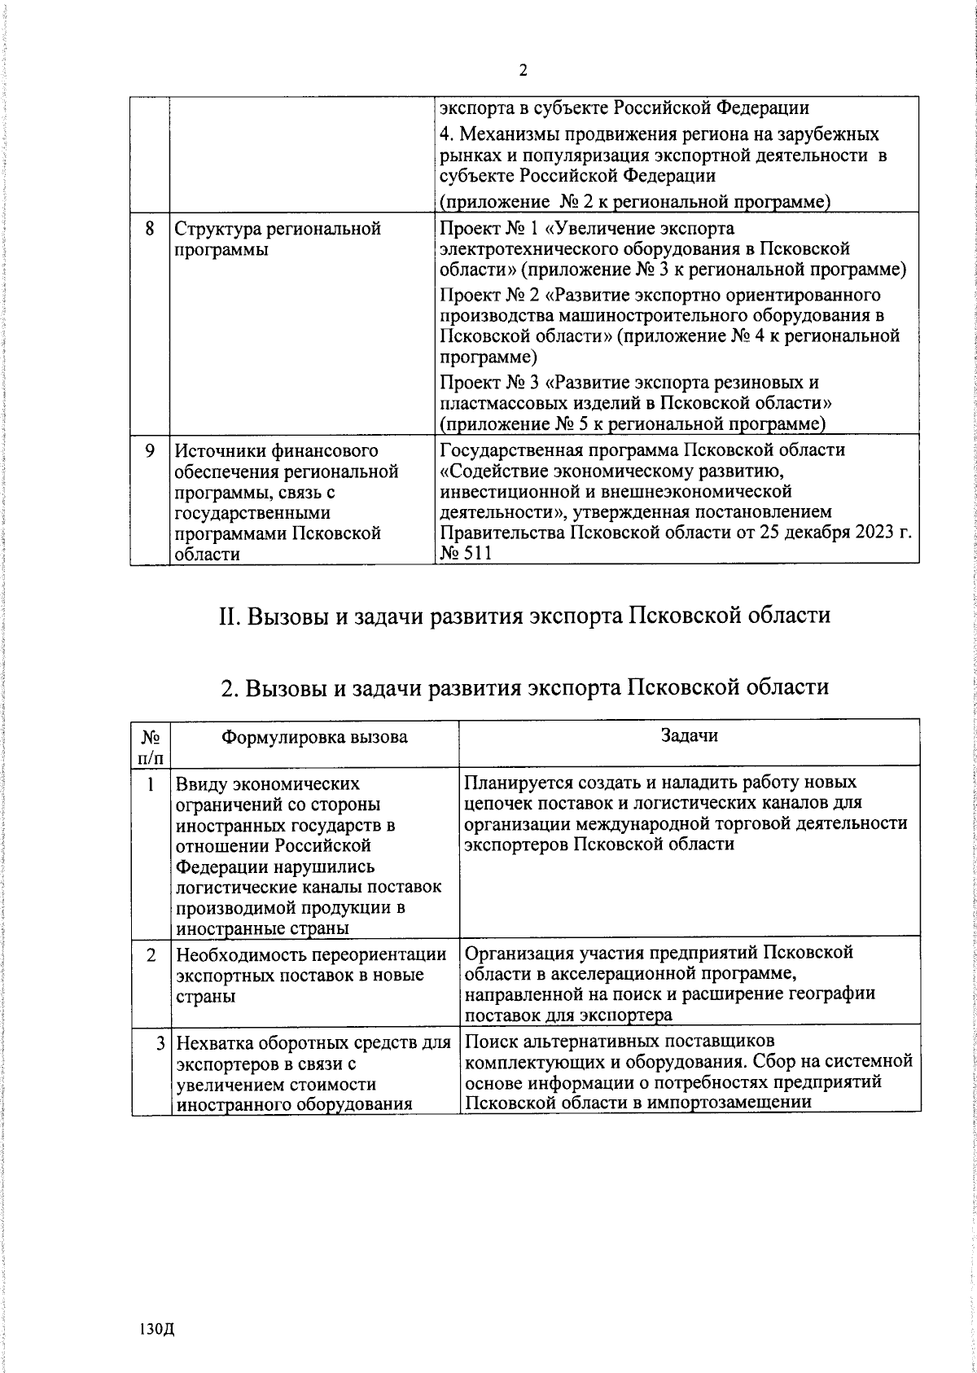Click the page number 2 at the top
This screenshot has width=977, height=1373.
[x=524, y=71]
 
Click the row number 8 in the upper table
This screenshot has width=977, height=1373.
[x=150, y=229]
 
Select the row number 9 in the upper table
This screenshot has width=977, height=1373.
[x=150, y=450]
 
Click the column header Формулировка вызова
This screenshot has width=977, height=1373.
[x=315, y=737]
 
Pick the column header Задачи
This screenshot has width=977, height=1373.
[x=689, y=735]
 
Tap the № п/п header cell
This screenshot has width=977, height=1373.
[x=151, y=748]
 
